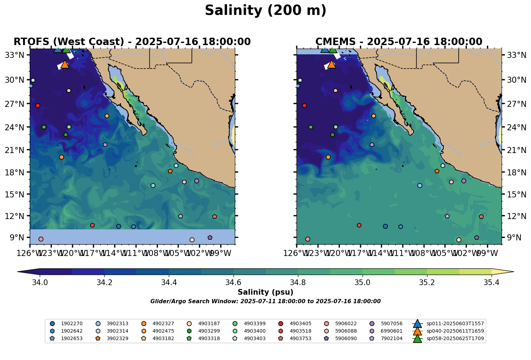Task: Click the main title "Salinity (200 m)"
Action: pos(265,11)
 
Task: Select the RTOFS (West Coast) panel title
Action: pos(132,42)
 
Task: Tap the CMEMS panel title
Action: pos(399,42)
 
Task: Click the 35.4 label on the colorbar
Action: pos(491,283)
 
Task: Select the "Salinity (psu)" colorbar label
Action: pos(265,293)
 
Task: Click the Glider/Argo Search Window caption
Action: pos(265,301)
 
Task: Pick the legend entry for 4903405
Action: pos(300,323)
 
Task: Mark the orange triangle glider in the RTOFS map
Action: pos(65,64)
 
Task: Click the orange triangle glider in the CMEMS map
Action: pos(331,64)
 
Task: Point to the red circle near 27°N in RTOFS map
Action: pos(38,106)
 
